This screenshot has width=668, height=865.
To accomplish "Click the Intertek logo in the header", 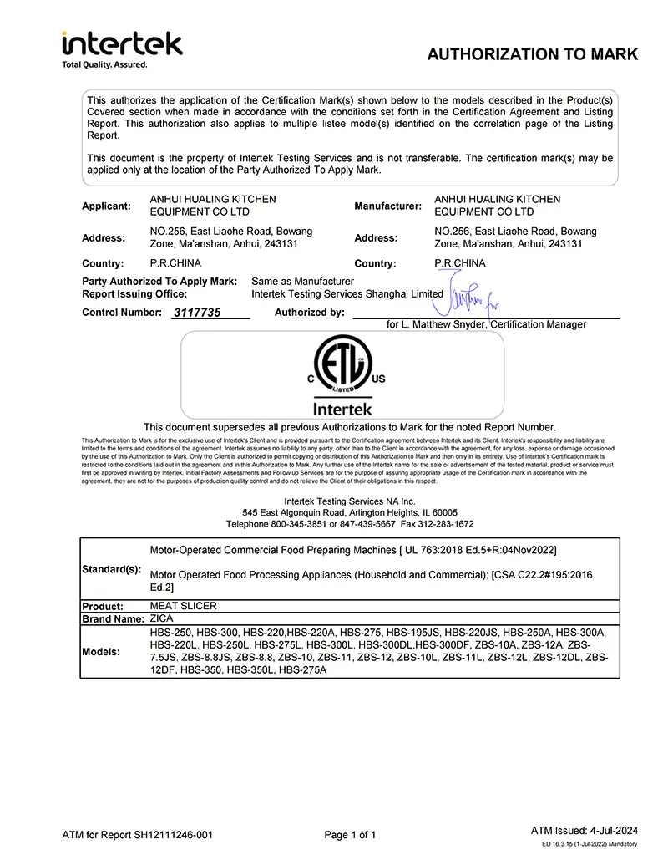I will [x=122, y=43].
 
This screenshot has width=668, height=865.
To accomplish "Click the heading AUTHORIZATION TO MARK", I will [x=532, y=54].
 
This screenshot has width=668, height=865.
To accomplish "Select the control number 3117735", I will [x=196, y=313].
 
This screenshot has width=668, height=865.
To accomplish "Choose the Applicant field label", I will [x=106, y=206].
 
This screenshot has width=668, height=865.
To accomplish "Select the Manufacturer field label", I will [x=388, y=206].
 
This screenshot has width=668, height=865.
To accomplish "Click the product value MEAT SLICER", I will [x=182, y=606].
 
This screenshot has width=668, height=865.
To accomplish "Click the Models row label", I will [x=100, y=652].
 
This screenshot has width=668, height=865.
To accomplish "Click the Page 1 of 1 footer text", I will [x=350, y=834].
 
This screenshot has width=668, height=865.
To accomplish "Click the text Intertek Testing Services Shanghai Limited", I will [x=347, y=294].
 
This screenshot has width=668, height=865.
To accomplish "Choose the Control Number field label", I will [x=122, y=313].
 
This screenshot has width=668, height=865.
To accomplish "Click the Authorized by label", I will [x=309, y=313].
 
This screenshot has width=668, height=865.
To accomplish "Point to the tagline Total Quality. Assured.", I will [x=105, y=64].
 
